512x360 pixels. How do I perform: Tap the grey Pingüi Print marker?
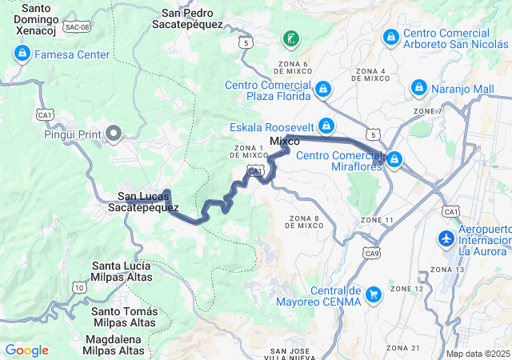(114, 133)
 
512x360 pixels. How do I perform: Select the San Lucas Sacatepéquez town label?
(143, 201)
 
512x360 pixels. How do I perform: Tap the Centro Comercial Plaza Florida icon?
(323, 89)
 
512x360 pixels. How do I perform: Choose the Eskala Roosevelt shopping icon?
(326, 126)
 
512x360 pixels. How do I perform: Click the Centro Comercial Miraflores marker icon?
(394, 160)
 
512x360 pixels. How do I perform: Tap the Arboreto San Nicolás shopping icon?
(390, 36)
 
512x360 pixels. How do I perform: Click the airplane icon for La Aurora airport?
(446, 238)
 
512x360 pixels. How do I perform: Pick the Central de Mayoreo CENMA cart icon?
(373, 295)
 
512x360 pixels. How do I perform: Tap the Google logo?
(26, 350)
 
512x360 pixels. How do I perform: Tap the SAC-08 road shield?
(77, 27)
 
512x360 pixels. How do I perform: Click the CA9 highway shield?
(371, 253)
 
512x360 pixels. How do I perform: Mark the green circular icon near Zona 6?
(290, 38)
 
